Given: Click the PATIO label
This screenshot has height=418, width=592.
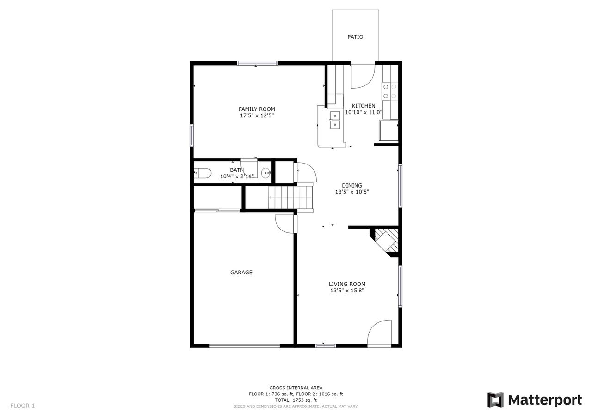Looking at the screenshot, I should click(355, 37).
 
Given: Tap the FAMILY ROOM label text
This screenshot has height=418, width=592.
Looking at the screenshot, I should click(257, 109).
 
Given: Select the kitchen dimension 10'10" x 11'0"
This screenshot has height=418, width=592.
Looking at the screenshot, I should click(364, 112).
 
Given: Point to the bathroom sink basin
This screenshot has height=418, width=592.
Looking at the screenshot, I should click(266, 173).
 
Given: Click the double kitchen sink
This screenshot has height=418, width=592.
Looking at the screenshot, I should click(334, 120).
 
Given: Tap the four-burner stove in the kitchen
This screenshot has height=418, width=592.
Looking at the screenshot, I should click(389, 91).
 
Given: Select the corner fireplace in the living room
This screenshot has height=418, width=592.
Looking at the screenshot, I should click(387, 241).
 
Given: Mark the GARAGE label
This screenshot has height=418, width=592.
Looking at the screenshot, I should click(241, 273).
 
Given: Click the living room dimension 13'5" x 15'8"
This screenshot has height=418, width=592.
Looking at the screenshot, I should click(347, 291).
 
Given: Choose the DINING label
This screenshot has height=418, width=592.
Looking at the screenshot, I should click(352, 186).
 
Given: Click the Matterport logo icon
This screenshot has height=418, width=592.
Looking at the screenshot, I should click(495, 400).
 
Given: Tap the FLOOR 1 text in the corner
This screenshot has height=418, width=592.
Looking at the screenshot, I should click(23, 406).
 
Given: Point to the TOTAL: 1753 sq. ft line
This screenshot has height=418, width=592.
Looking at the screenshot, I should click(296, 400).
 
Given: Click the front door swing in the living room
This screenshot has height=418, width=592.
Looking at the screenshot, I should click(380, 333).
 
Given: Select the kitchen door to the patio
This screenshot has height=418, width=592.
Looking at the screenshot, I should click(363, 76).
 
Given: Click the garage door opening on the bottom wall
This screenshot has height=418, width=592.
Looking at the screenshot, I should click(244, 345).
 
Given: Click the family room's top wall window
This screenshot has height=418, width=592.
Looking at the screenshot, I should click(257, 63).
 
